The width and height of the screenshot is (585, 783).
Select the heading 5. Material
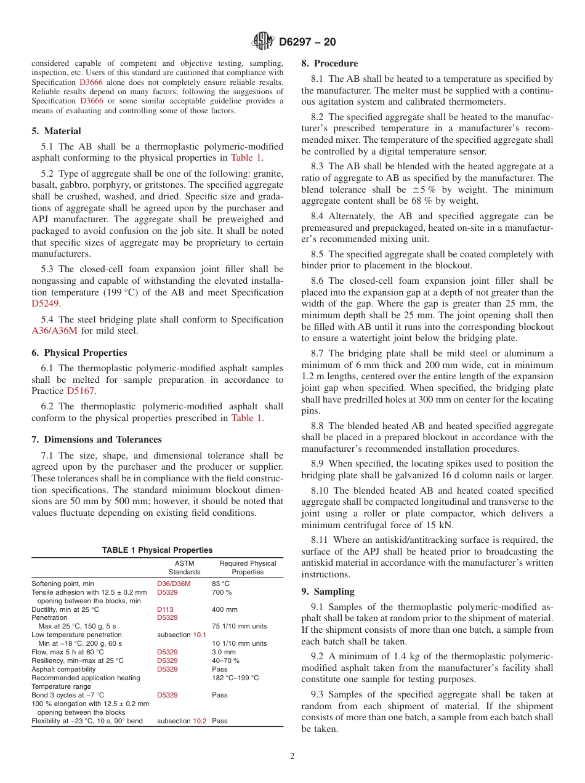(x=56, y=131)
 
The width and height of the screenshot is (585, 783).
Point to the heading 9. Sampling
(x=328, y=592)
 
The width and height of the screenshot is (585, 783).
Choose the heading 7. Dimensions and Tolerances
(x=96, y=440)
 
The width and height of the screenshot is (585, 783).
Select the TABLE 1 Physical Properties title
(x=157, y=550)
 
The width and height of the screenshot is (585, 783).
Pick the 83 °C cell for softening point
(x=220, y=584)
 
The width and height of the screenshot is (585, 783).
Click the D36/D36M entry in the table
(x=174, y=584)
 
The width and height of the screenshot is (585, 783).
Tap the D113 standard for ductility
(x=165, y=609)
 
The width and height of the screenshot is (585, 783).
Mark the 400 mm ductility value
(x=224, y=609)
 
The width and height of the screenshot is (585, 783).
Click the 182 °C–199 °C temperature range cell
(x=235, y=678)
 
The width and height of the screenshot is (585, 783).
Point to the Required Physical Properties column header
(x=248, y=568)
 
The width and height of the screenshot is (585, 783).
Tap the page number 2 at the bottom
(x=292, y=757)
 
